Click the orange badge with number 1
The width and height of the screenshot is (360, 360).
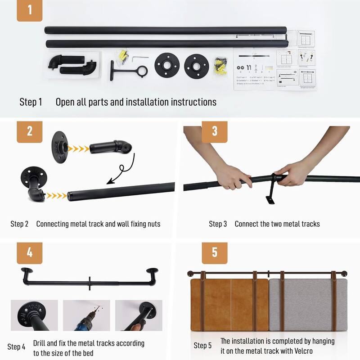[30, 10]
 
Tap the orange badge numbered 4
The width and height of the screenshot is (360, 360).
[30, 253]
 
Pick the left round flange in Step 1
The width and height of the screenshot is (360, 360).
[167, 66]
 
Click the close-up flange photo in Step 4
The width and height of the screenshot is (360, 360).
[34, 315]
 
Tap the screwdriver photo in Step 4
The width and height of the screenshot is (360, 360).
[138, 315]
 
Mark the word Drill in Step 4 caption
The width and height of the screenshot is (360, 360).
[41, 343]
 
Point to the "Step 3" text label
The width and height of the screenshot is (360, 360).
[218, 224]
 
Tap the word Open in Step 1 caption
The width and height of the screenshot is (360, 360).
[65, 102]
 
